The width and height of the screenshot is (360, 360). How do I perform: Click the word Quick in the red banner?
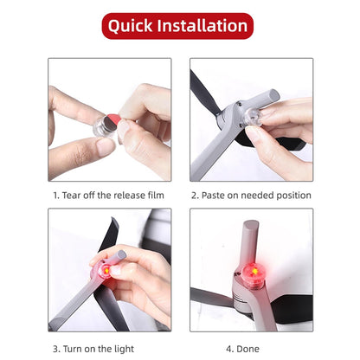130,26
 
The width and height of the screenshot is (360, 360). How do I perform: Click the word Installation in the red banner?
202,25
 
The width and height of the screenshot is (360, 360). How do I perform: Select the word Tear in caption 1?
71,196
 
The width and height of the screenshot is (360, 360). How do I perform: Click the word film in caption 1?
156,196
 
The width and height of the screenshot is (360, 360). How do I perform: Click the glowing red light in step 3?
105,270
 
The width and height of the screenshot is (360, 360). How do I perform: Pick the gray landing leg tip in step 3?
121,254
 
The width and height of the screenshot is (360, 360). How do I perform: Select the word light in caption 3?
124,349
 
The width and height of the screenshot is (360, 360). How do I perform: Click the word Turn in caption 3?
72,349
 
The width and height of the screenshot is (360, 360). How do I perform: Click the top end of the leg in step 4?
251,224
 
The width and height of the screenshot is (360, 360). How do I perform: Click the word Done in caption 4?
247,349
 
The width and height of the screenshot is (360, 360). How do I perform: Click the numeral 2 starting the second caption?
194,196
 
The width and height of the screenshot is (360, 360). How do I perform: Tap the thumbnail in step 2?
252,119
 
